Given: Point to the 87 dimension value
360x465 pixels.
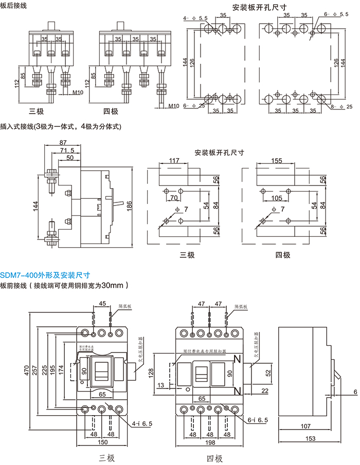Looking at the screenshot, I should (x=63, y=142).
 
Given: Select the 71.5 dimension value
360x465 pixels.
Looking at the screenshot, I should (x=67, y=150).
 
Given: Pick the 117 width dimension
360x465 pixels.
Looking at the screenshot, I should (x=173, y=161).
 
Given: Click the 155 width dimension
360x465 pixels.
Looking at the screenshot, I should (x=277, y=161).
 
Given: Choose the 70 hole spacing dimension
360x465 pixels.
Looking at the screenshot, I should (x=174, y=198).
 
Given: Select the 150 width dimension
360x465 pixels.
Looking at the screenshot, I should (x=101, y=443).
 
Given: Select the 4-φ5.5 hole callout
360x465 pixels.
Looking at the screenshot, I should (x=195, y=18).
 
